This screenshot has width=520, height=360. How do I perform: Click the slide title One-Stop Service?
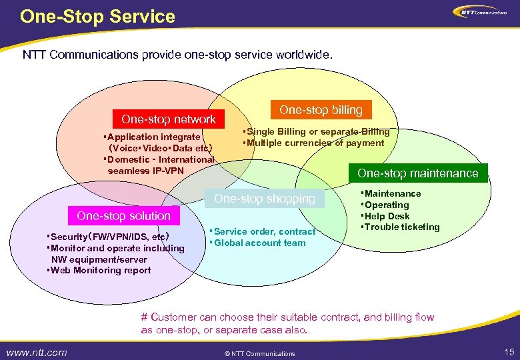97,16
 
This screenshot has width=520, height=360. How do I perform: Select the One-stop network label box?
169,119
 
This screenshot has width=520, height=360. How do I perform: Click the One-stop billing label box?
321,110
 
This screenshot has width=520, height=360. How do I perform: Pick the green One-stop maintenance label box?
418,173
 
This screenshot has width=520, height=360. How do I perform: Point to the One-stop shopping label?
264,199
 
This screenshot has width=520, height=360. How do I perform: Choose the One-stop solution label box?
123,215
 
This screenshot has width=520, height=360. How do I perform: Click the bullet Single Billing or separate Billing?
317,132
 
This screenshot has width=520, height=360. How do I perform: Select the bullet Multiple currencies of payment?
314,143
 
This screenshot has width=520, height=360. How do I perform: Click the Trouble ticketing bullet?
400,227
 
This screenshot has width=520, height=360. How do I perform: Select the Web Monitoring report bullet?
99,270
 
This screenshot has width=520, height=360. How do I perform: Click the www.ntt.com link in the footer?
37,352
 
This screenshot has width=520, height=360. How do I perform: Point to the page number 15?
509,351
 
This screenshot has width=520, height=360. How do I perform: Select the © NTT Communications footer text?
259,353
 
